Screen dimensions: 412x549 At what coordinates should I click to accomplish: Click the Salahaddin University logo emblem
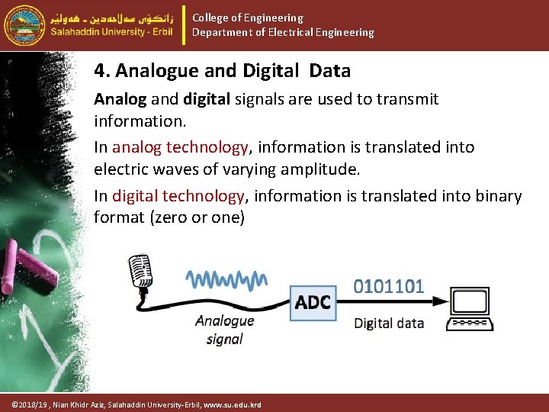click(x=24, y=24)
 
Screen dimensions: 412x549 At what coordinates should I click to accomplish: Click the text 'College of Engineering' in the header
click(x=247, y=18)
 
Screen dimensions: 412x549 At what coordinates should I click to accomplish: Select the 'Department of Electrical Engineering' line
click(x=283, y=33)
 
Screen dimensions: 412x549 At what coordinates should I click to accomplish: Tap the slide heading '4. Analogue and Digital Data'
click(x=222, y=71)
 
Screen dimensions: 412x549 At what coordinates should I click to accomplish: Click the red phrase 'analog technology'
click(x=181, y=147)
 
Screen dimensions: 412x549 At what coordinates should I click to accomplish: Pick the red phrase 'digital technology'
click(x=178, y=196)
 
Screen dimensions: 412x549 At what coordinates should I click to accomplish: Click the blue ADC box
click(x=313, y=303)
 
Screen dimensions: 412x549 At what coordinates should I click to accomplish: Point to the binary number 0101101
click(x=389, y=286)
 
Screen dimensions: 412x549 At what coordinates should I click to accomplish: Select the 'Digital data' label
click(x=389, y=323)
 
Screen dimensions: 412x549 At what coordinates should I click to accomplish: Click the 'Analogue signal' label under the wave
click(x=224, y=330)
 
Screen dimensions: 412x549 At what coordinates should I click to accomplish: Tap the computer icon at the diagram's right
click(x=470, y=309)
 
